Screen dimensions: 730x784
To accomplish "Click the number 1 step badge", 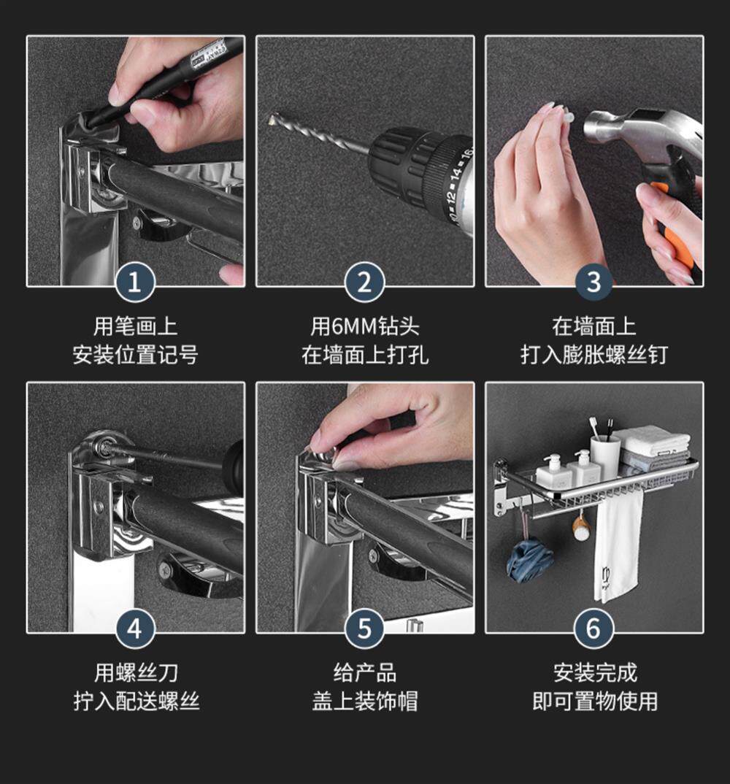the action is click(135, 282).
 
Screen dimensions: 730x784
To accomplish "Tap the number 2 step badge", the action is click(364, 282).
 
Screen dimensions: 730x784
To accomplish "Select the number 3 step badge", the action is click(594, 282).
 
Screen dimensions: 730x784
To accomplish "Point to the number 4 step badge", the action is click(135, 629).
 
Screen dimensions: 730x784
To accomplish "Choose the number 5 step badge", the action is click(364, 629).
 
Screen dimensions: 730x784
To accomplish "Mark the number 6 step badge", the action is click(594, 629).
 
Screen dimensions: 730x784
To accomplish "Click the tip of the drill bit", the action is click(270, 118).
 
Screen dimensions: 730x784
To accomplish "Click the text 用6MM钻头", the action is click(364, 326).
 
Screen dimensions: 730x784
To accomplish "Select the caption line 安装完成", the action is click(595, 673).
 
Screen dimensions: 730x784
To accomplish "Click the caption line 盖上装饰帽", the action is click(365, 701).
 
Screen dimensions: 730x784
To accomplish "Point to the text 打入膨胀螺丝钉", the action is click(594, 355).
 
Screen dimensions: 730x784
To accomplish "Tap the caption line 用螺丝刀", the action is click(136, 673).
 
